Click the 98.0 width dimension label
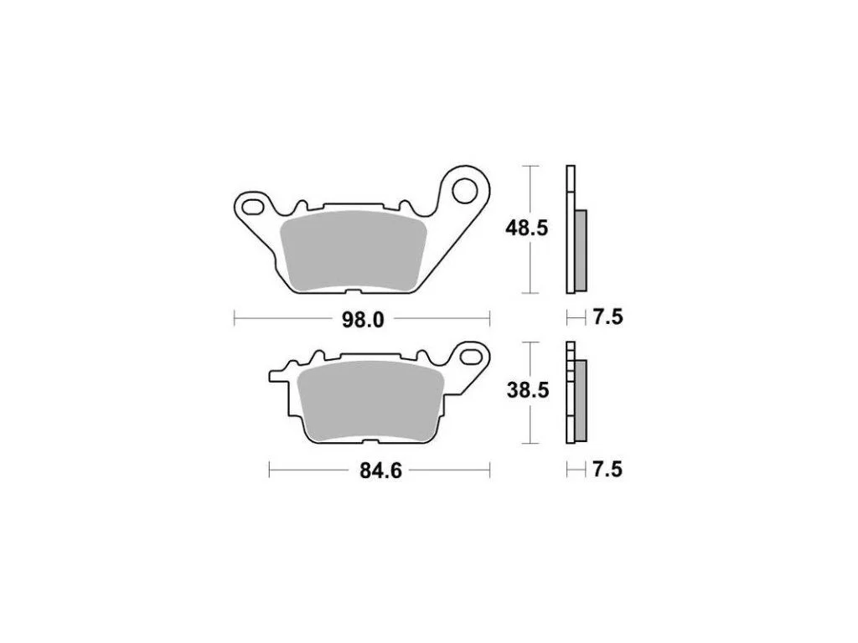[x=363, y=319]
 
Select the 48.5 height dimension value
[x=526, y=228]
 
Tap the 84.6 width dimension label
[x=381, y=471]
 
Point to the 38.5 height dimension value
[x=528, y=390]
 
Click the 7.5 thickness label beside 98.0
[x=608, y=317]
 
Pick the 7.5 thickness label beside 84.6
[x=607, y=469]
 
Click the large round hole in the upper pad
[x=464, y=190]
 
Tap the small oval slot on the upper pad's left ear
[x=252, y=208]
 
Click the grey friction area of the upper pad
[x=353, y=250]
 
